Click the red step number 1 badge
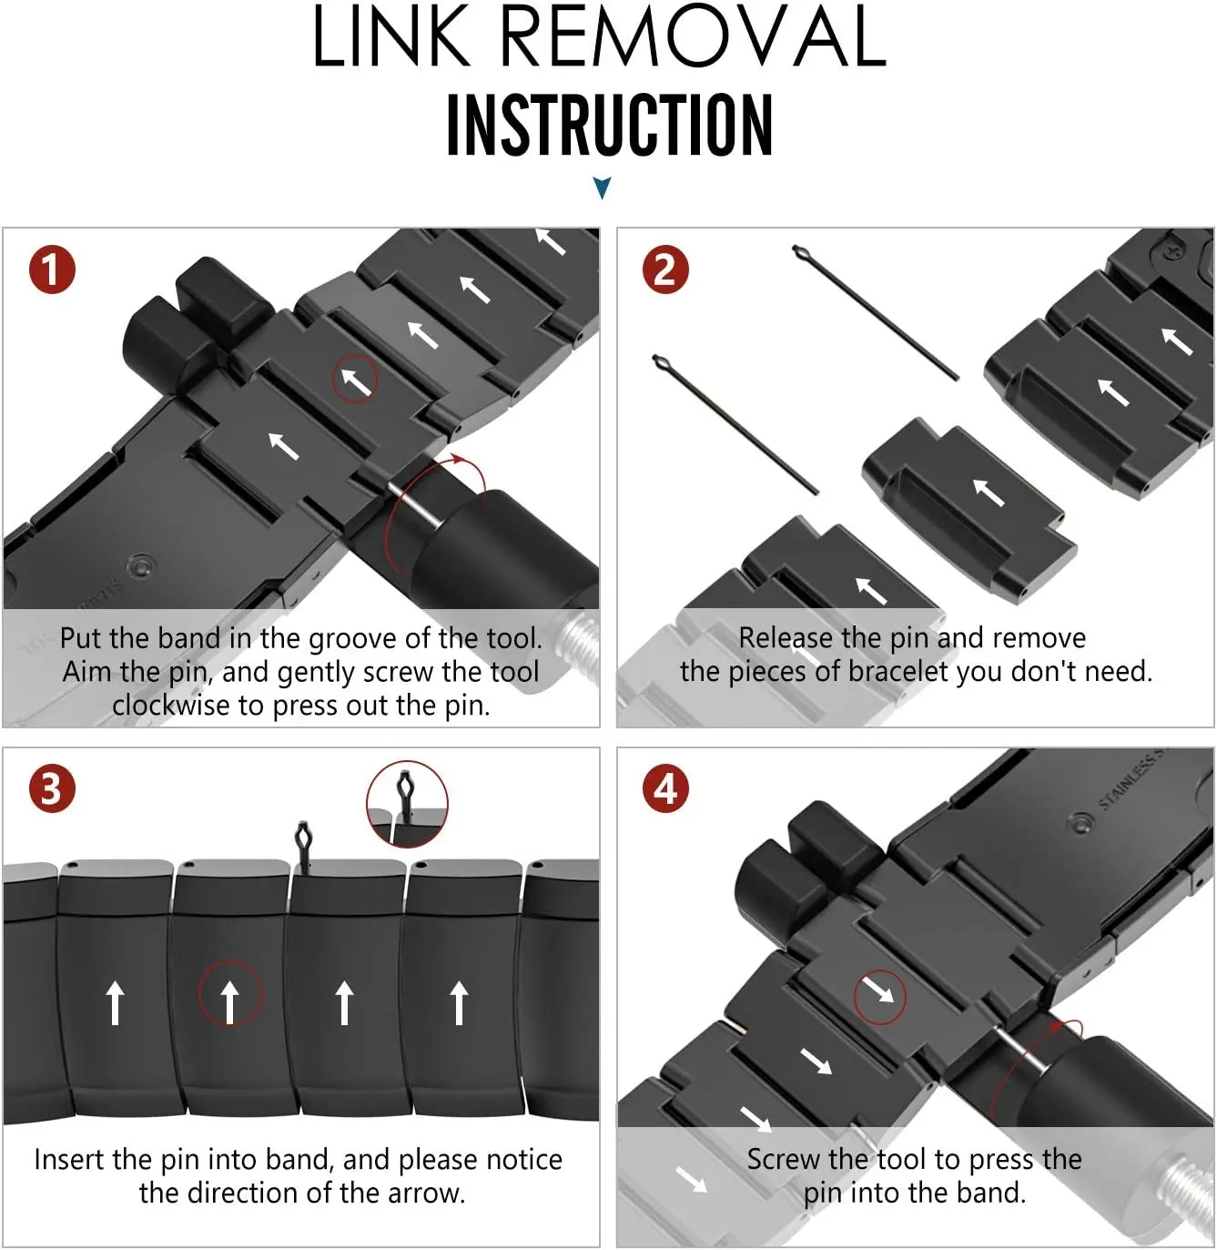coord(51,270)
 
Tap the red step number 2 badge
coord(665,270)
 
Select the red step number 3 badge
coord(51,789)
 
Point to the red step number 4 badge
coord(665,789)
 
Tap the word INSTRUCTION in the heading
coord(609,125)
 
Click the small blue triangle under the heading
coord(602,188)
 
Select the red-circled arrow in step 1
coord(355,380)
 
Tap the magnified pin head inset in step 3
coord(407,803)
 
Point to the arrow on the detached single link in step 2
coord(989,492)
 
